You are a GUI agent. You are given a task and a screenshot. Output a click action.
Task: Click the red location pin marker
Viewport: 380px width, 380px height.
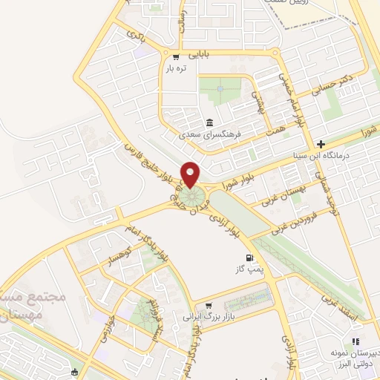191,174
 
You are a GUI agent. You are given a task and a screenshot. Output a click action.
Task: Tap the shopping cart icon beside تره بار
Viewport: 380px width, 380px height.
176,56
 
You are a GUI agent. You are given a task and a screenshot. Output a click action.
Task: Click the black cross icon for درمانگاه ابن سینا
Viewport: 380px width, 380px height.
320,144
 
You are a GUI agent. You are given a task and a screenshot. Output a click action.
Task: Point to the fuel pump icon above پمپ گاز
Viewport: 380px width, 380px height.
239,258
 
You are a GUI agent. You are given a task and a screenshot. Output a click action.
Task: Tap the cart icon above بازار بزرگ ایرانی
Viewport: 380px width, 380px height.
209,305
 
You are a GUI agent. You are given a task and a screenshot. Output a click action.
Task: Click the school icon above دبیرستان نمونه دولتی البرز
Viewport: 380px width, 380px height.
356,341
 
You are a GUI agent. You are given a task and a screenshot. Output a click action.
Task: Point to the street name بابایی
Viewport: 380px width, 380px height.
199,54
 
